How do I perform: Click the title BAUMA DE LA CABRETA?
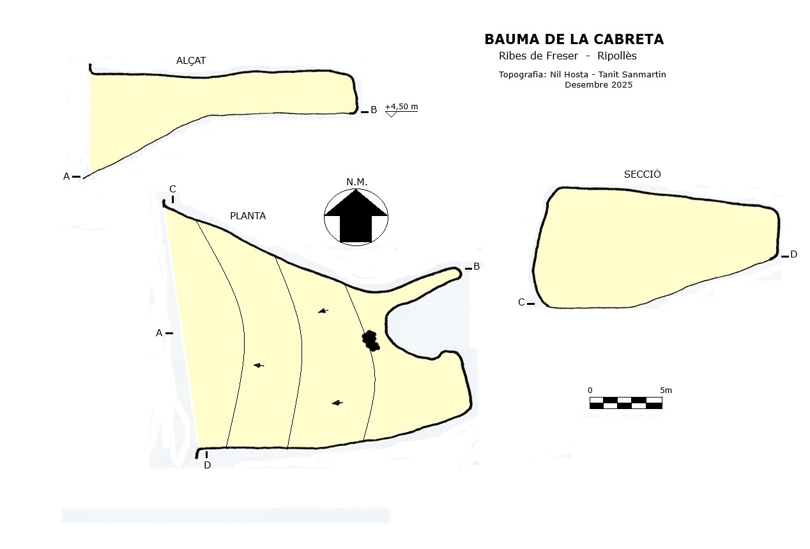(x=574, y=40)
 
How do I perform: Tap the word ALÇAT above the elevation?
(x=191, y=61)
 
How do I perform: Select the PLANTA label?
(x=248, y=216)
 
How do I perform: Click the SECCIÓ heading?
(x=642, y=174)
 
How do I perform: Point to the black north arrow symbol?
(x=356, y=217)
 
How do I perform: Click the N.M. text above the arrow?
(x=356, y=182)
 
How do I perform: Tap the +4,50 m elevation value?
(x=401, y=107)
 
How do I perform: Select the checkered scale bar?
(x=625, y=403)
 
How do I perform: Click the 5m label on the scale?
(x=666, y=390)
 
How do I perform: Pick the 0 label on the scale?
(x=590, y=390)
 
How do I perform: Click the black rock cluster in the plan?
(x=371, y=340)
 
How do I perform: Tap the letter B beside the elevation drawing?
(x=374, y=110)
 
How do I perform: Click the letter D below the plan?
(x=207, y=465)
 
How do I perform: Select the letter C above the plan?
(x=172, y=189)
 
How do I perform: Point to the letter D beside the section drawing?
(x=793, y=254)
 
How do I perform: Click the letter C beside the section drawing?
(x=521, y=302)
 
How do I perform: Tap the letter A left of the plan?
(x=159, y=333)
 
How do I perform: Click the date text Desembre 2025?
(x=598, y=85)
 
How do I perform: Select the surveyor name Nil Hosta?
(x=569, y=75)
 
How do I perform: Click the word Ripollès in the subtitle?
(x=617, y=56)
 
